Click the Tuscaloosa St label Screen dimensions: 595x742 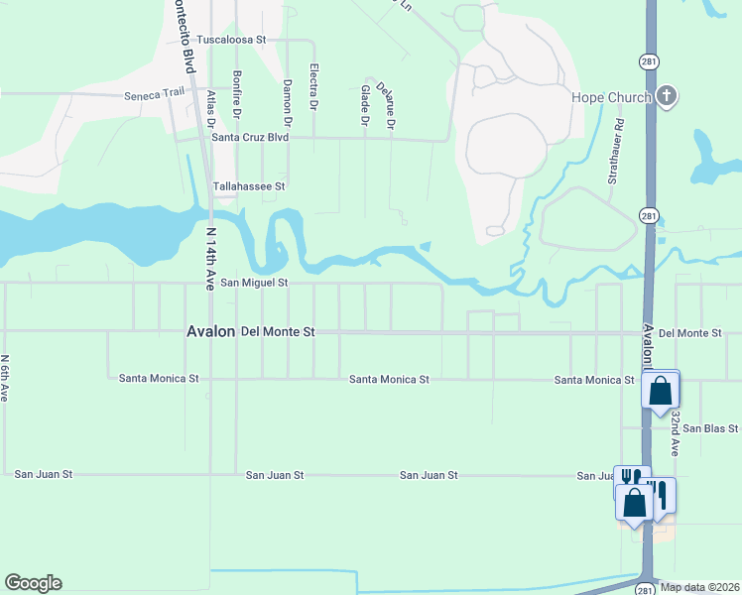232,40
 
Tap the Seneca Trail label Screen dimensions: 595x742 155,96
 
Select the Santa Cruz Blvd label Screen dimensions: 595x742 250,138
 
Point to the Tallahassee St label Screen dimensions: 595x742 250,185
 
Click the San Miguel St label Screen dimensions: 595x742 254,283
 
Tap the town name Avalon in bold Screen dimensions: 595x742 210,332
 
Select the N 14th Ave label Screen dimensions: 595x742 210,255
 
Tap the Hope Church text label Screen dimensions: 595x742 611,97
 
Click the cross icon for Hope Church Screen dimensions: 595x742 667,96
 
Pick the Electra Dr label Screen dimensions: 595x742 313,87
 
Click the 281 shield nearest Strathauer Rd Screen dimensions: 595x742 647,215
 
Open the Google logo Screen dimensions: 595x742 34,583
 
